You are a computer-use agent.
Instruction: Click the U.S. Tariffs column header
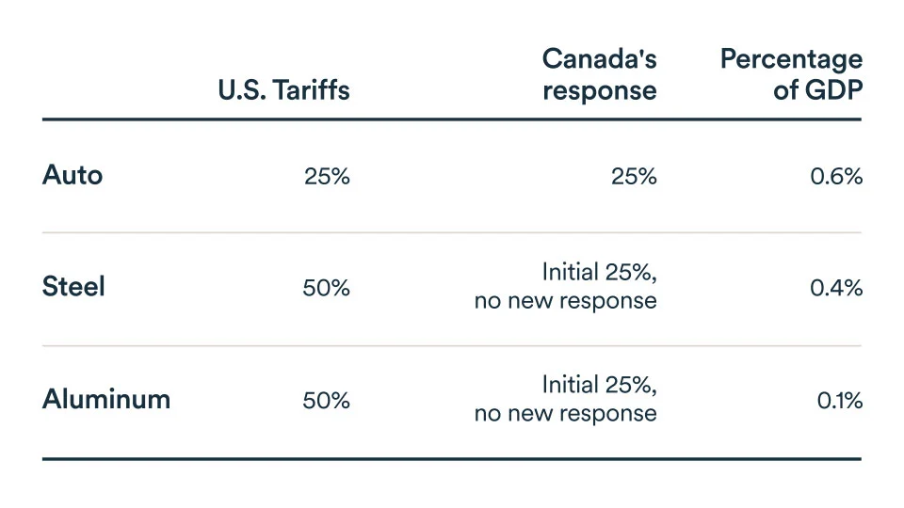pyautogui.click(x=283, y=90)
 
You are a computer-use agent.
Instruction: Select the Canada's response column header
pyautogui.click(x=599, y=74)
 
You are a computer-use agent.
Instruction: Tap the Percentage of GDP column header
pyautogui.click(x=790, y=74)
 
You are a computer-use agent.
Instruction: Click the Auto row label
pyautogui.click(x=73, y=175)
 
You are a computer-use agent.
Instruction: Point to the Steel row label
pyautogui.click(x=73, y=287)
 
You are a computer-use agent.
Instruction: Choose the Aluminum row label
pyautogui.click(x=106, y=399)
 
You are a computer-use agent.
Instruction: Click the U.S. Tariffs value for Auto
pyautogui.click(x=326, y=176)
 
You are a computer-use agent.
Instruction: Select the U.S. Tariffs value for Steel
pyautogui.click(x=326, y=288)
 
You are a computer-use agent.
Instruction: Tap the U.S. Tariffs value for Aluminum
pyautogui.click(x=326, y=400)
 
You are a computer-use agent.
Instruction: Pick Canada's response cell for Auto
pyautogui.click(x=633, y=176)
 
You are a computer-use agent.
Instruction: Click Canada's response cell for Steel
pyautogui.click(x=566, y=287)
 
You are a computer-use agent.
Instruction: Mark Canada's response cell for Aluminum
pyautogui.click(x=566, y=399)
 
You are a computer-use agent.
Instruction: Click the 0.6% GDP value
pyautogui.click(x=836, y=176)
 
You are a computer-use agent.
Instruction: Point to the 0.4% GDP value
pyautogui.click(x=836, y=288)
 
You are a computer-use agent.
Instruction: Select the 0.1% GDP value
pyautogui.click(x=840, y=400)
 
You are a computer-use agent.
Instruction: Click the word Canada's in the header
pyautogui.click(x=599, y=58)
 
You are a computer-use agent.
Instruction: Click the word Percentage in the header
pyautogui.click(x=790, y=58)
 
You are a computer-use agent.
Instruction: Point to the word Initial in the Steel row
pyautogui.click(x=569, y=273)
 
